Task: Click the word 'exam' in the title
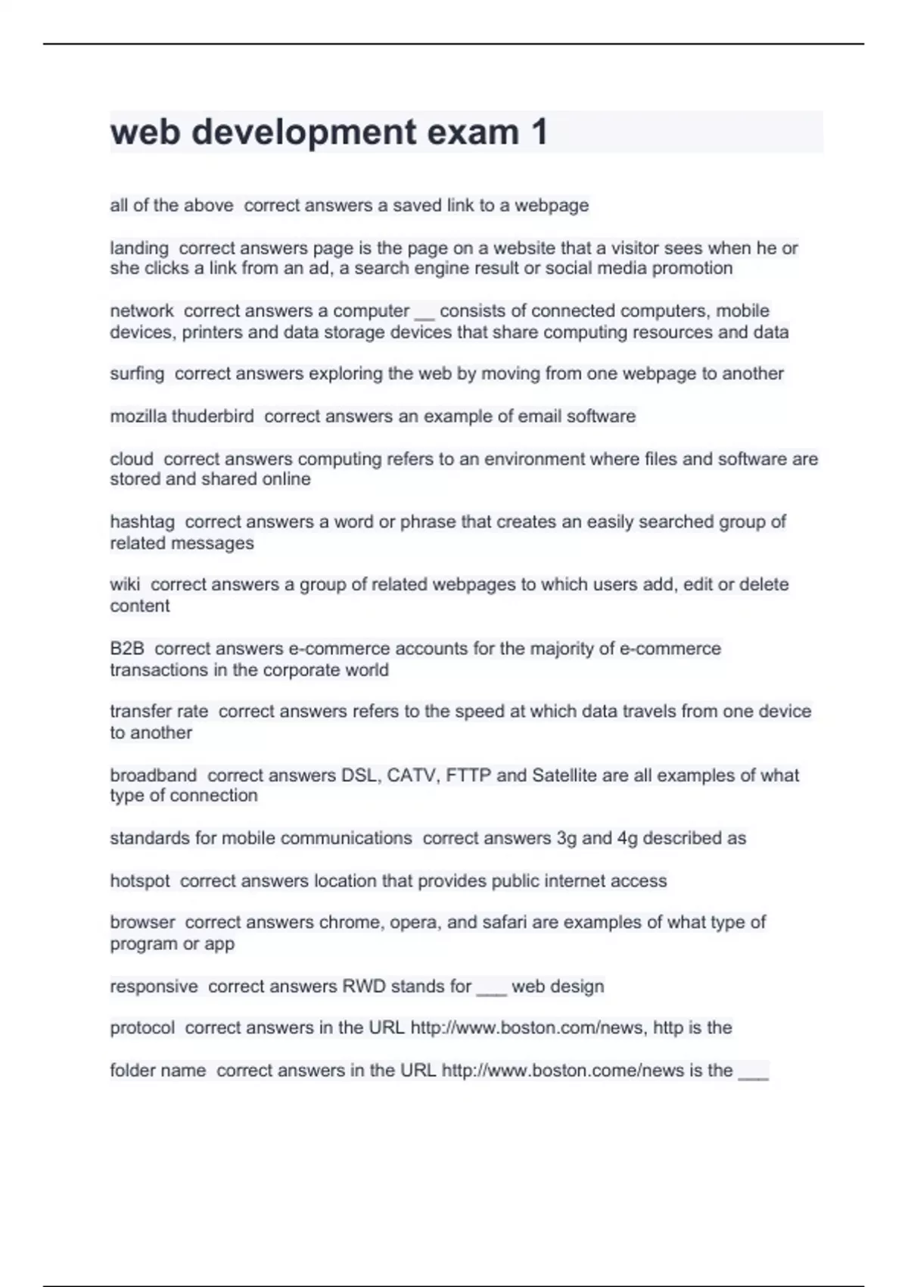tap(473, 132)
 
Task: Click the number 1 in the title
tap(539, 132)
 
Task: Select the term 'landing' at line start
tap(139, 248)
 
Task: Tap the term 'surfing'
tap(137, 374)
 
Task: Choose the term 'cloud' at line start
tap(132, 459)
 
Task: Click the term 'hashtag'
tap(142, 522)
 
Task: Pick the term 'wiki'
tap(125, 584)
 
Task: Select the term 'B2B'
tap(127, 649)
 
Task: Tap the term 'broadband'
tap(153, 775)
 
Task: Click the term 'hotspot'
tap(140, 881)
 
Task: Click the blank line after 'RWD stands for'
tap(491, 992)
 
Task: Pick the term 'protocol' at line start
tap(142, 1028)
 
